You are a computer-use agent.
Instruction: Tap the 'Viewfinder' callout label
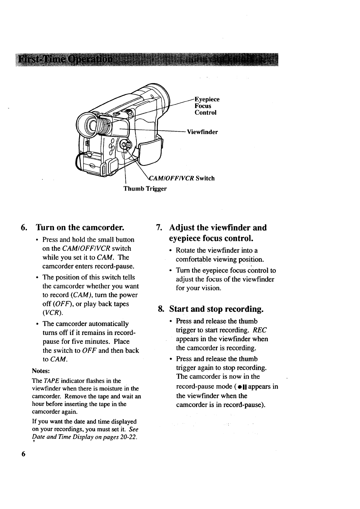[202, 132]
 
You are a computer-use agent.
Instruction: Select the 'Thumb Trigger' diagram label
[145, 189]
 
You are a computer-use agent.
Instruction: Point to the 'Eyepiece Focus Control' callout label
[207, 106]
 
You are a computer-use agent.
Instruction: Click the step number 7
[158, 228]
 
